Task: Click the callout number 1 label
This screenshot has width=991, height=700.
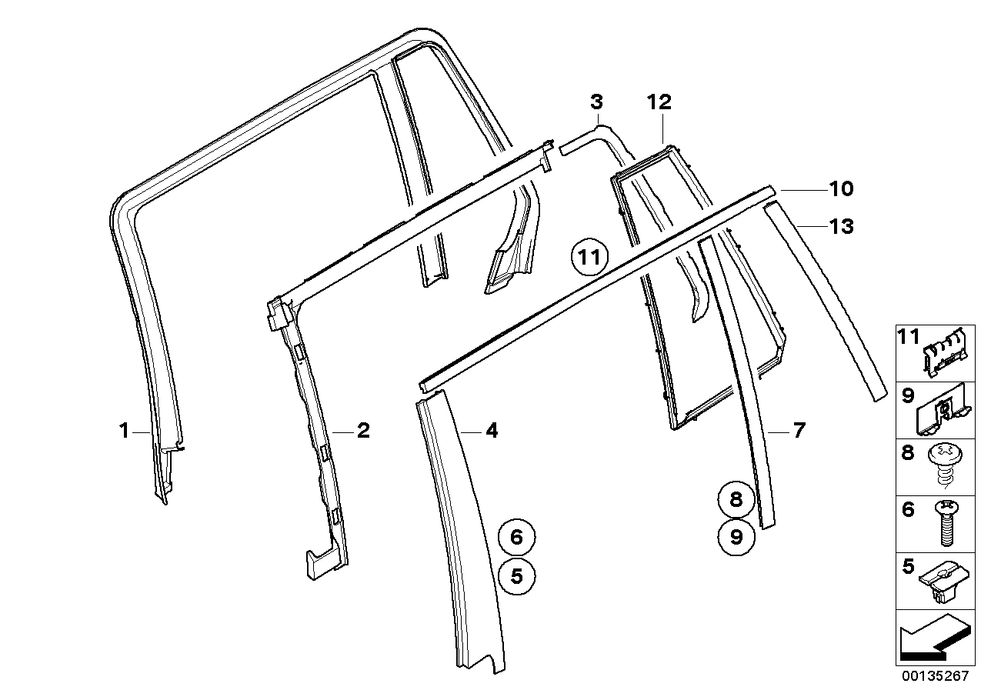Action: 124,432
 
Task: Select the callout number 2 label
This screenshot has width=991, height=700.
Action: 362,430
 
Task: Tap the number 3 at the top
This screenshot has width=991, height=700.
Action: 596,102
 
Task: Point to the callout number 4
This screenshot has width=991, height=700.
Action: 492,431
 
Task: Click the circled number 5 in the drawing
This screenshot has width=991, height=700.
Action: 516,575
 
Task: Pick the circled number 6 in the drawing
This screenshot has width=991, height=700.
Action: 516,536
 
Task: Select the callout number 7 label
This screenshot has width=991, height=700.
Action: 799,431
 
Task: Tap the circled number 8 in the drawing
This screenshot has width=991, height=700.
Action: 736,500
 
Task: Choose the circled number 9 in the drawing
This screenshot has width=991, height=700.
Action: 736,536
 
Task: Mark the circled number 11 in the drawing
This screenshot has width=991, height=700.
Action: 589,257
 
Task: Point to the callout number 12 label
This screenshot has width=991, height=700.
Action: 659,102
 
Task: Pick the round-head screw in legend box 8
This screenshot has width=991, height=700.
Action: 946,463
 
